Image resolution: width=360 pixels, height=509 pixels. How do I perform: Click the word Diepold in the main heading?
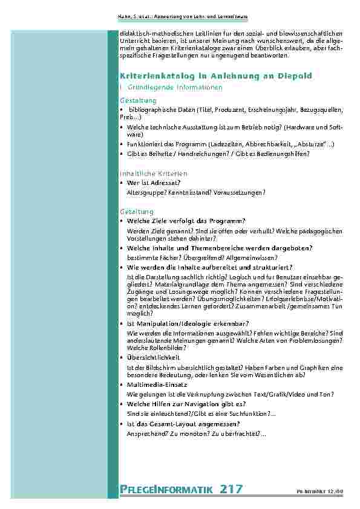point(295,77)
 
